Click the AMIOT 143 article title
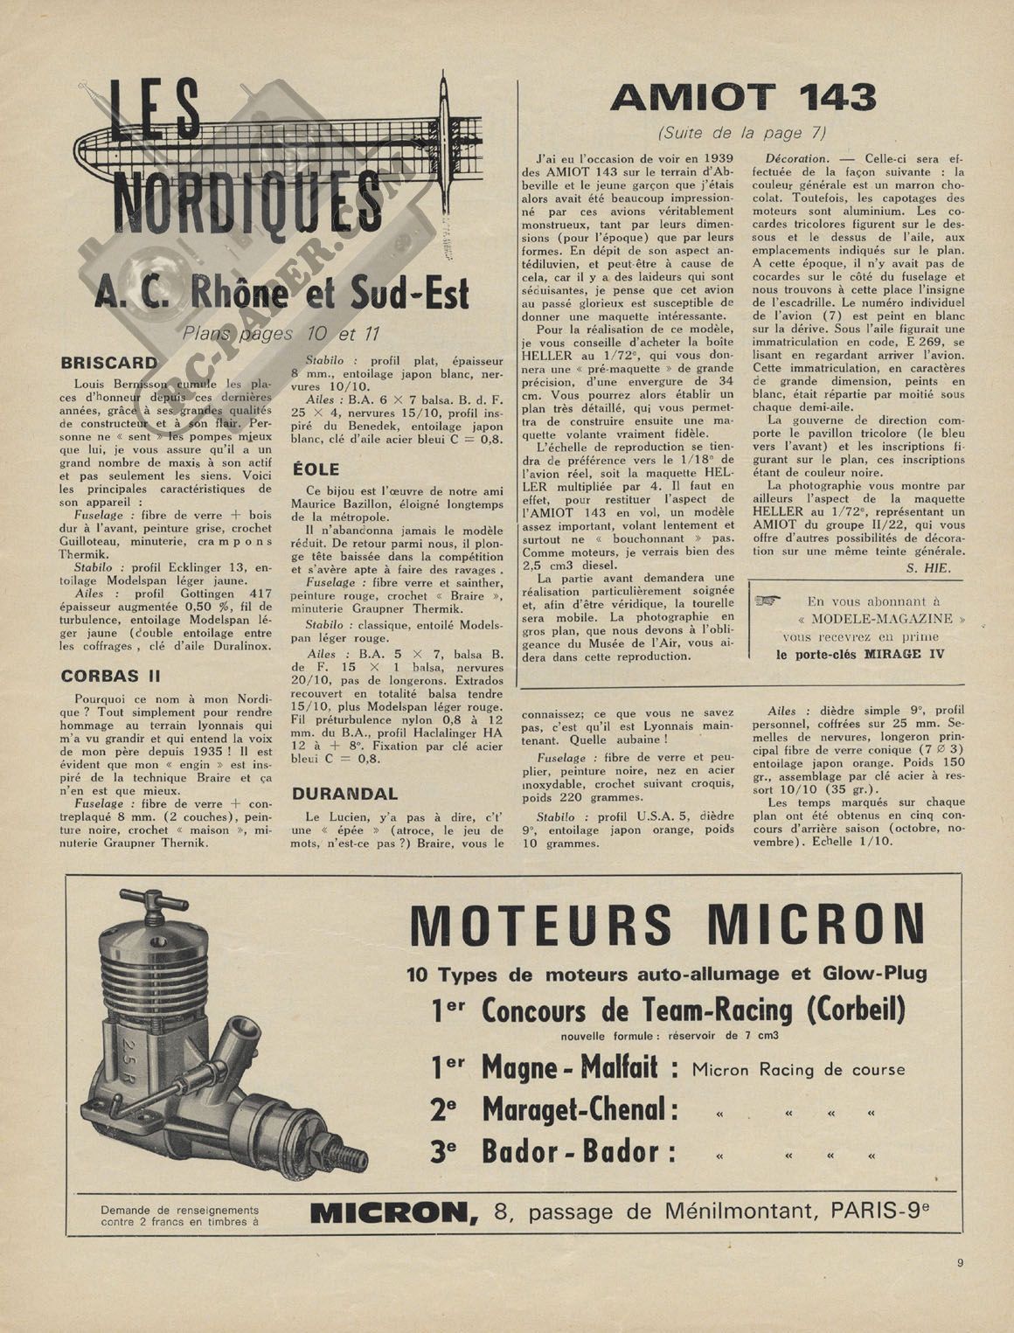point(743,97)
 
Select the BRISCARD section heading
point(109,362)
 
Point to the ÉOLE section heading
point(316,469)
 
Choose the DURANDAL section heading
point(344,794)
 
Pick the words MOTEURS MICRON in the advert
point(667,925)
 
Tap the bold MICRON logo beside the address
point(389,1212)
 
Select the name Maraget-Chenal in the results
point(580,1109)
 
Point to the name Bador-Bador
point(579,1151)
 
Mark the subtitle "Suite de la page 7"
point(743,133)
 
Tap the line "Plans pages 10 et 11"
point(281,333)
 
